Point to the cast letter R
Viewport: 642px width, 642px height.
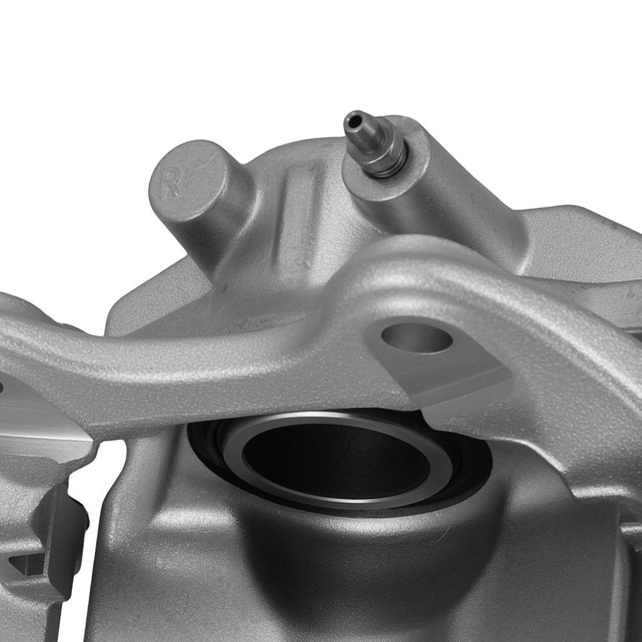tap(170, 184)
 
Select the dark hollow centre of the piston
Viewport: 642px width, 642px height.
tap(336, 460)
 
